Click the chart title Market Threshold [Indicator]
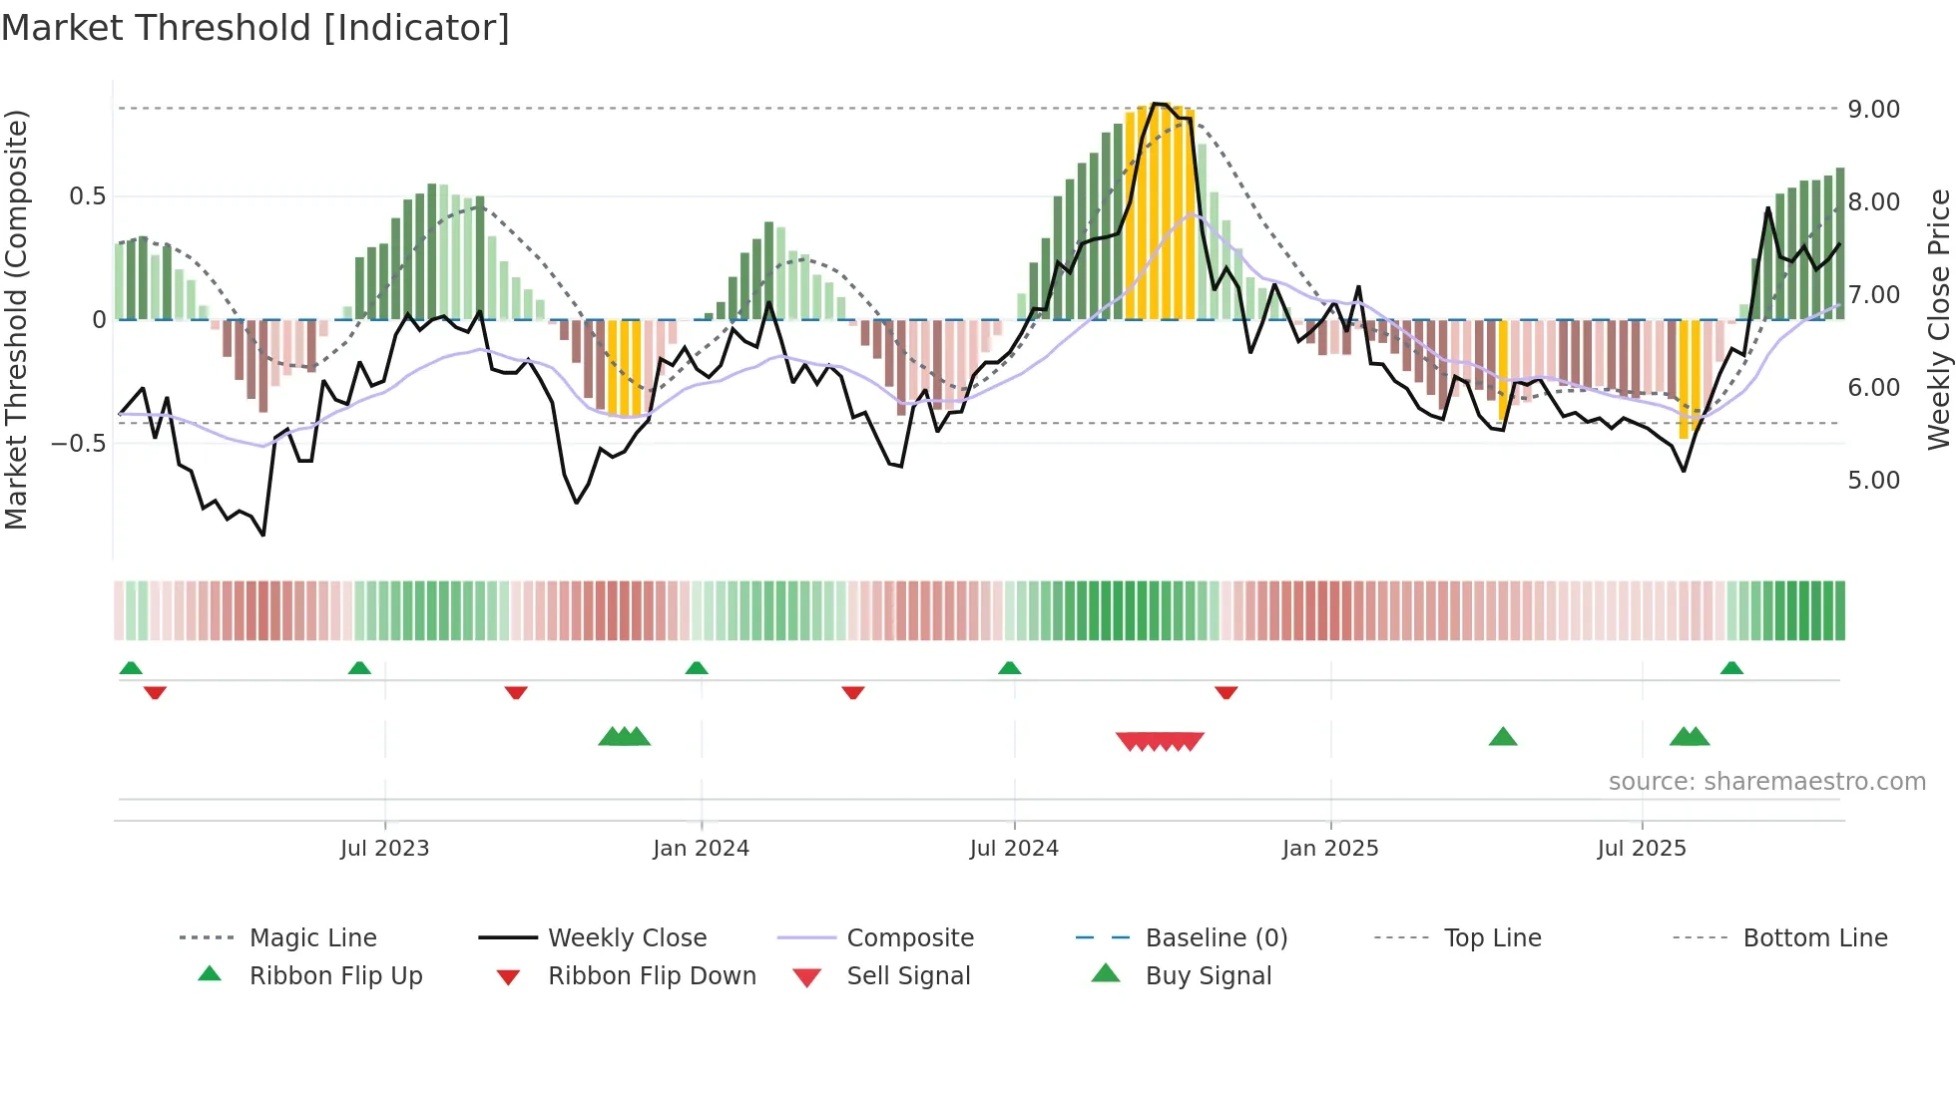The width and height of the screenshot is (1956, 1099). coord(255,28)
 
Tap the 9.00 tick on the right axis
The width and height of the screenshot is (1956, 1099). coord(1873,109)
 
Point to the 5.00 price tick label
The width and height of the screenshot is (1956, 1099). coord(1873,480)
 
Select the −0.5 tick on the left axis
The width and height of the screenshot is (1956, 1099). coord(78,443)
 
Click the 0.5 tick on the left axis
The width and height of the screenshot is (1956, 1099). coord(87,196)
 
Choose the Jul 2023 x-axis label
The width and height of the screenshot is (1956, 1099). coord(384,849)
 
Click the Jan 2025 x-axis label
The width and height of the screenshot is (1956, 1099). coord(1329,849)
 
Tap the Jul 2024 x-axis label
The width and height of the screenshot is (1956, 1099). coord(1013,849)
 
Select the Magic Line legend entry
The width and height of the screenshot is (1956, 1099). coord(312,938)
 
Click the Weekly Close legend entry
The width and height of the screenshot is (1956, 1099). coord(627,938)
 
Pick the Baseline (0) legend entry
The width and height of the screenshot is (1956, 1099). coord(1216,938)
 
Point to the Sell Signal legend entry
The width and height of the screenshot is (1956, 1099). coord(907,976)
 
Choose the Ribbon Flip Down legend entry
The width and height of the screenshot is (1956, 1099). coord(651,976)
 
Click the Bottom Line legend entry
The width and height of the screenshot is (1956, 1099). coord(1814,938)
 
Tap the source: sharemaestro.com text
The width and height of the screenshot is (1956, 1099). coord(1766,782)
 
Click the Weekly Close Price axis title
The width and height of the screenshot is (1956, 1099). coord(1938,319)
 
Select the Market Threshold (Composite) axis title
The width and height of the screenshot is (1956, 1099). coord(17,319)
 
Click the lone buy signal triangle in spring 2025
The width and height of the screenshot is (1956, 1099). coord(1502,737)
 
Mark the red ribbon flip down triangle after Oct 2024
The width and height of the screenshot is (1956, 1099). coord(1225,692)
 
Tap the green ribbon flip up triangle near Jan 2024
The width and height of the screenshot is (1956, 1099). coord(697,667)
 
